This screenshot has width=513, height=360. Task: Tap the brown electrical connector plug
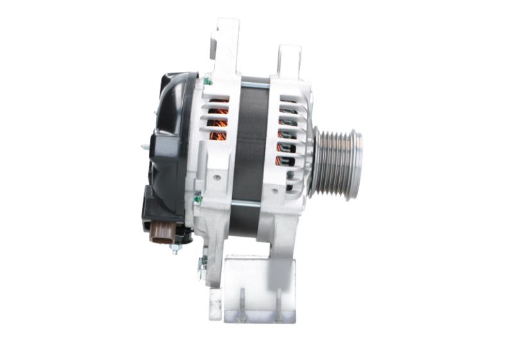pyautogui.click(x=160, y=232)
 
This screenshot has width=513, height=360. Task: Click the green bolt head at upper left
pyautogui.click(x=208, y=81)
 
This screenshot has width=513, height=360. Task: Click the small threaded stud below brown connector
pyautogui.click(x=174, y=248)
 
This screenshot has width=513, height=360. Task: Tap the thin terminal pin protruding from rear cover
pyautogui.click(x=145, y=146)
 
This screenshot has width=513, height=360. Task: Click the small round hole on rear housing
pyautogui.click(x=216, y=178)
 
